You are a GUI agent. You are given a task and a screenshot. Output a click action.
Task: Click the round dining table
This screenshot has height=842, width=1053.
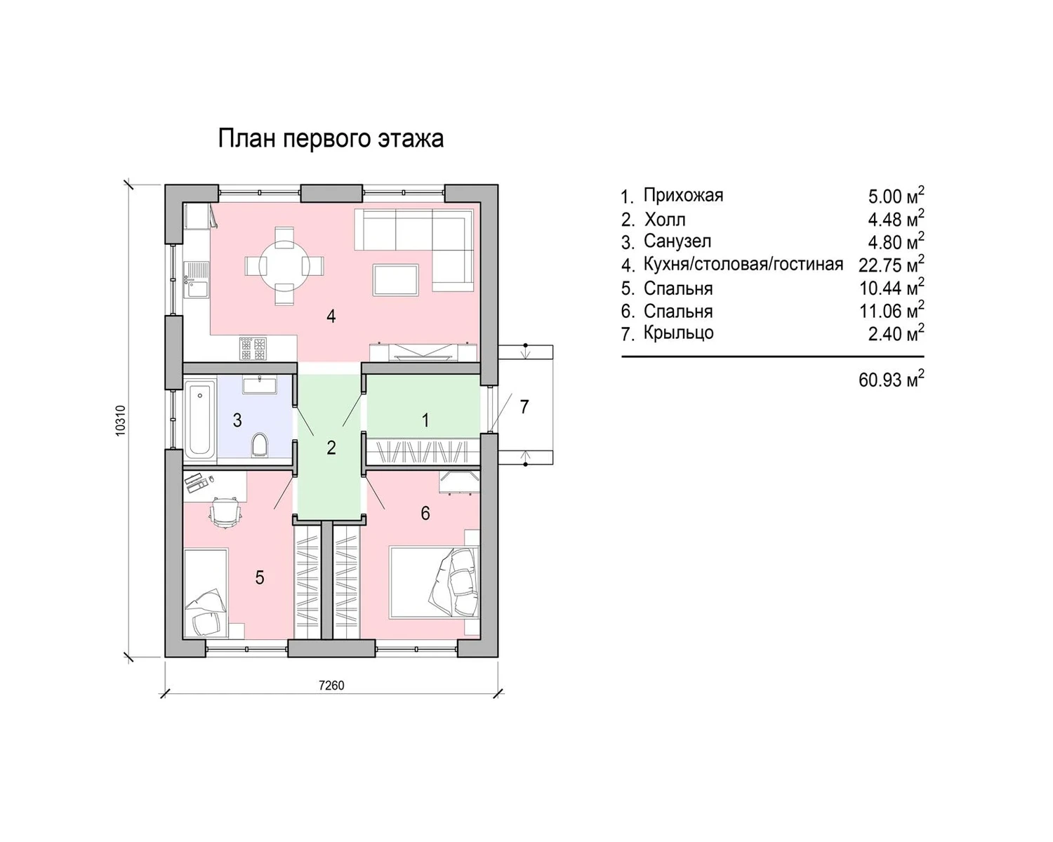coord(284,266)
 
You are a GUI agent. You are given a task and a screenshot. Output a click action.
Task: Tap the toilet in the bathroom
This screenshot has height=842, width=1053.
coord(260,445)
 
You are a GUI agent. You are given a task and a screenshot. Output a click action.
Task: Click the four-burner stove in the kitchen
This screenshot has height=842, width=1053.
coord(253,348)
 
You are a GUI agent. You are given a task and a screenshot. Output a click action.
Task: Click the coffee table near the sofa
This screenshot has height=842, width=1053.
coord(396,281)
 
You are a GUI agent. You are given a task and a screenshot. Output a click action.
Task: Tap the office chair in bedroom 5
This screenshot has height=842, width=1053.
coord(225,512)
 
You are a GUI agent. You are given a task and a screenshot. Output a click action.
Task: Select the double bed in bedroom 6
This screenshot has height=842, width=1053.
coord(434,582)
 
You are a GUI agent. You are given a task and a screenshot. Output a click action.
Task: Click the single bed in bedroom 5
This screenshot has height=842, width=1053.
coord(206,593)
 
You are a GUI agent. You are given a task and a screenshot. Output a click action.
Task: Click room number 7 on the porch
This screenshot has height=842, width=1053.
coord(524,406)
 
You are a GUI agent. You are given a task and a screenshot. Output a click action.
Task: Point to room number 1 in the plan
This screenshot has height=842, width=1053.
coord(425,420)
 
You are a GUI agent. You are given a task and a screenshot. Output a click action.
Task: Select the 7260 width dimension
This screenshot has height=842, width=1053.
coord(331,686)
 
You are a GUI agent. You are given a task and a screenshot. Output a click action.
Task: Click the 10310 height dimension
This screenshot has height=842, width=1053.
coord(120,420)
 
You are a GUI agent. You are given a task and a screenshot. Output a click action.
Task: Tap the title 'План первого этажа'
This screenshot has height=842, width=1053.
coord(331,138)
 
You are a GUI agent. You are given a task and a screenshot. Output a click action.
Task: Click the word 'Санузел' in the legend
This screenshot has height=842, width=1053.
coord(677,241)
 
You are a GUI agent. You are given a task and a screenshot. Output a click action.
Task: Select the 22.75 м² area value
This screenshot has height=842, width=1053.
coord(892,265)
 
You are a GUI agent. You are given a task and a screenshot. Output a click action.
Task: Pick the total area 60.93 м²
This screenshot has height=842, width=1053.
coord(892,380)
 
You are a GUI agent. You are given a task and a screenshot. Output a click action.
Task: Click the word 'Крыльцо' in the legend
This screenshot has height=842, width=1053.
coord(678,333)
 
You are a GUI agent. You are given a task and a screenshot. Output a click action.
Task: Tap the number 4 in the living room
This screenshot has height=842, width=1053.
coord(331,316)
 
